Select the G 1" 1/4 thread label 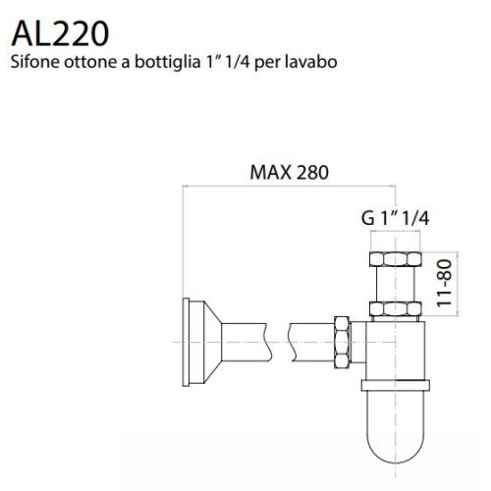(395, 219)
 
